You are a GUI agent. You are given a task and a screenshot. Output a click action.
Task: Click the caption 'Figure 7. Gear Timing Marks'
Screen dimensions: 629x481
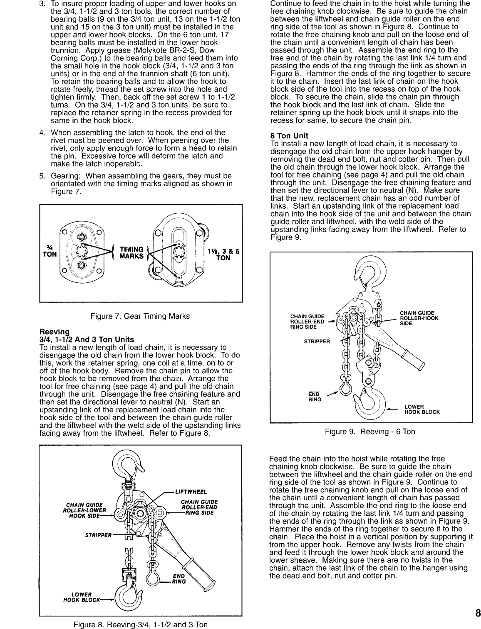[x=140, y=316]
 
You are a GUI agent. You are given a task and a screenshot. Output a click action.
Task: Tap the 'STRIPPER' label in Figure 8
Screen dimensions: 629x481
[x=97, y=535]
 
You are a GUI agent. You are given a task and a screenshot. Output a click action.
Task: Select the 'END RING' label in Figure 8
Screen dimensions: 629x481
[x=179, y=579]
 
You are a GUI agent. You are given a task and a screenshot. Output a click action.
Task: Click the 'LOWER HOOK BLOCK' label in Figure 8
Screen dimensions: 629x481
[x=81, y=597]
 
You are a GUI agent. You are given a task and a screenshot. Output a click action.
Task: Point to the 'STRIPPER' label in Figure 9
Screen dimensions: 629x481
[x=317, y=341]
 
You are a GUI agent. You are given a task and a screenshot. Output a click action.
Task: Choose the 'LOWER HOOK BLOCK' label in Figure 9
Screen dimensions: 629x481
[x=421, y=409]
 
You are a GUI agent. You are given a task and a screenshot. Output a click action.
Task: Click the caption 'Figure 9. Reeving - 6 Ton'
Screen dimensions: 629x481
[x=370, y=431]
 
